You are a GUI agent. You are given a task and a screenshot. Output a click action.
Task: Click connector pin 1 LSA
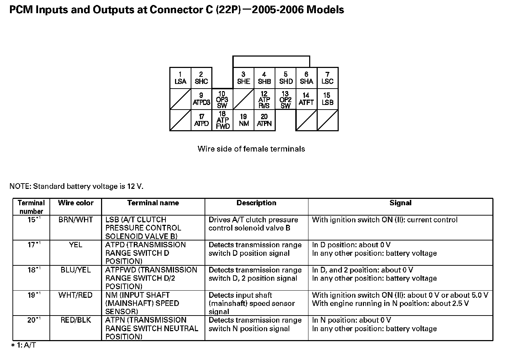coord(180,78)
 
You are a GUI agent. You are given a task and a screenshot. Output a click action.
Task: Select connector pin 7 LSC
coord(327,78)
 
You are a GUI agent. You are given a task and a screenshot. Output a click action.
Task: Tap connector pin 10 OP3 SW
coord(222,99)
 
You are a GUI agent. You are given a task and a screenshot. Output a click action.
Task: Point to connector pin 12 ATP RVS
coord(264,99)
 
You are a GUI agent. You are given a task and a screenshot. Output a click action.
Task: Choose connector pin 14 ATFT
coord(306,99)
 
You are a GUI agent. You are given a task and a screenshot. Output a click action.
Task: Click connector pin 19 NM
coord(244,120)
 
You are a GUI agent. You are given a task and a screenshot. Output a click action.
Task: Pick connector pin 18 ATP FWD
coord(222,120)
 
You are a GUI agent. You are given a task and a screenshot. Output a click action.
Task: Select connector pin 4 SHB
coord(264,78)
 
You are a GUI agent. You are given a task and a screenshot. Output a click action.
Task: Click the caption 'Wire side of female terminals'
coord(251,149)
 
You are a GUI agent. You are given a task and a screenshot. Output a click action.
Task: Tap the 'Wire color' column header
coord(75,203)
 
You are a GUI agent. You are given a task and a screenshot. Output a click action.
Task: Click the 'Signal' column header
coord(400,203)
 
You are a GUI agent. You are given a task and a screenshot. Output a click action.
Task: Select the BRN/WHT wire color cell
coord(75,220)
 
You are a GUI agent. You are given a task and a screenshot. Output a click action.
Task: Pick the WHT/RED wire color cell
coord(75,295)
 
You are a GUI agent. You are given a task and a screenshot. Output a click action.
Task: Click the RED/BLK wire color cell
coord(75,320)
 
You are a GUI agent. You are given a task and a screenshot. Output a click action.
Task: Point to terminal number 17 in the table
coord(32,245)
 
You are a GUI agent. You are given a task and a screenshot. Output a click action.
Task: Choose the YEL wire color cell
coord(75,245)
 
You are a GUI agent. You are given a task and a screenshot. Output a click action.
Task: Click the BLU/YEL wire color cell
coord(75,270)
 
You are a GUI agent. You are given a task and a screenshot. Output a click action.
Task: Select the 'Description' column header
coord(256,203)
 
